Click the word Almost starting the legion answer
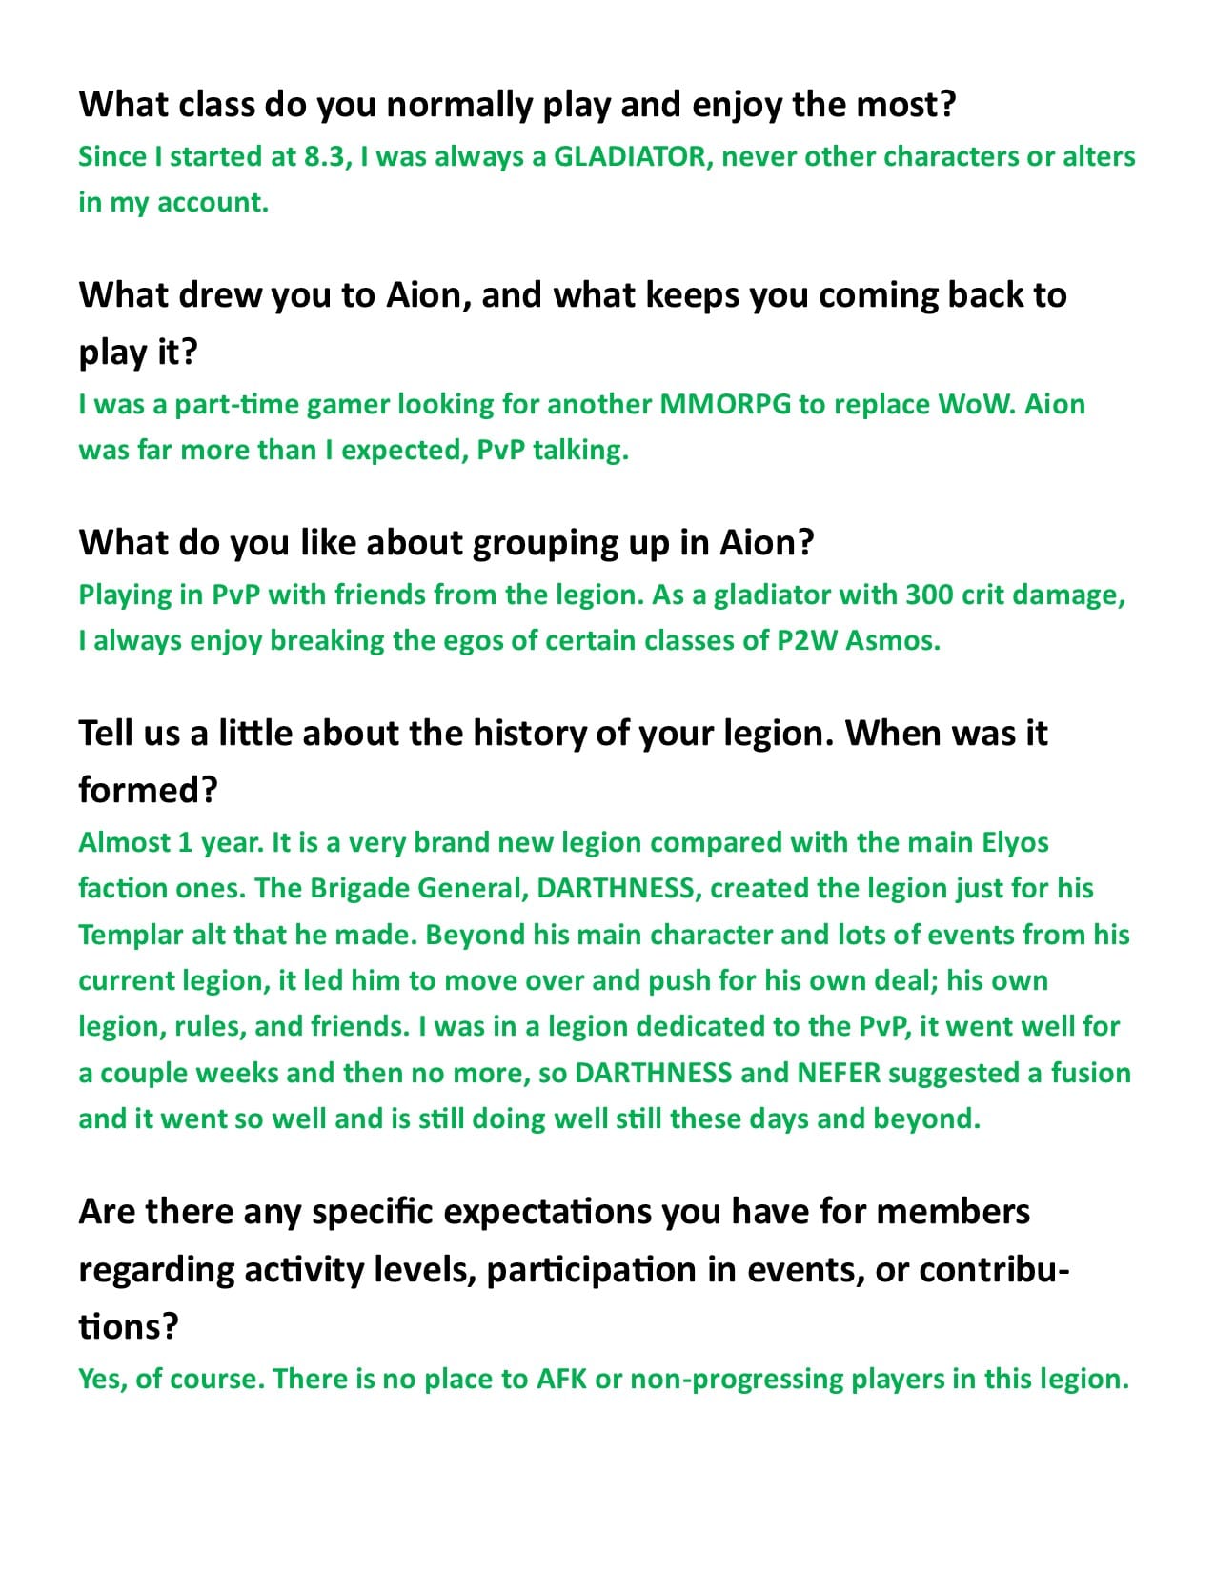(123, 842)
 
